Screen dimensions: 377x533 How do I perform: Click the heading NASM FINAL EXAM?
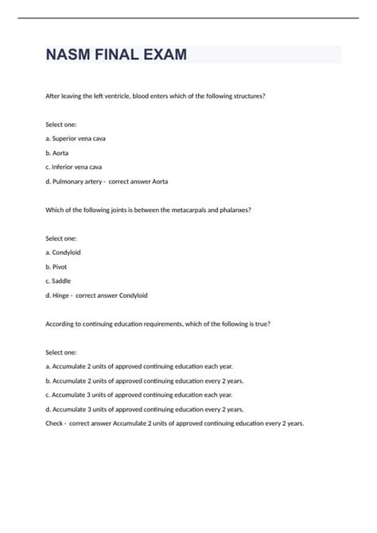click(116, 56)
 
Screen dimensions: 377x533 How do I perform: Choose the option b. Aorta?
click(57, 153)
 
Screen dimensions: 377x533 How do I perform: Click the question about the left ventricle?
click(156, 95)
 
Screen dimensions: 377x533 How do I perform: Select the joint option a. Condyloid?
click(64, 252)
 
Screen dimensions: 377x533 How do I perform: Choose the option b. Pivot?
click(57, 267)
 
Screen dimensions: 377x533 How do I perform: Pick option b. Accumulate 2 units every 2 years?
click(145, 380)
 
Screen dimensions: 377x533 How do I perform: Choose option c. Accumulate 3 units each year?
click(139, 395)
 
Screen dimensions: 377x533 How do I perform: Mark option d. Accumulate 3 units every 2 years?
click(145, 409)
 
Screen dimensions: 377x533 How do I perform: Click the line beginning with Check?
click(175, 423)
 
